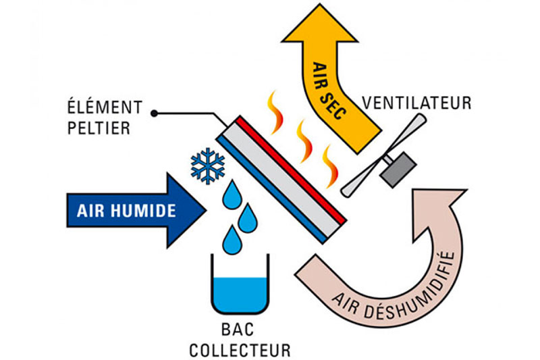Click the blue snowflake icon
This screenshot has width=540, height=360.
207,165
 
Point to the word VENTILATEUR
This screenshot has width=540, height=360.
416,103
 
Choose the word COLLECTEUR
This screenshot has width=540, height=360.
240,351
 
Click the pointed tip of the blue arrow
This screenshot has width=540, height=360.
205,210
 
